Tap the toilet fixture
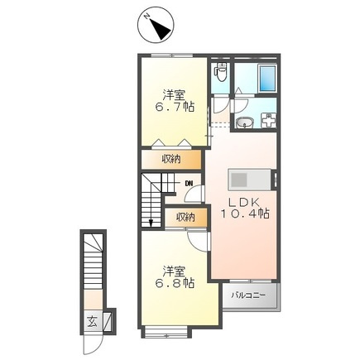point(221,72)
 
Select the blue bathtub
point(267,78)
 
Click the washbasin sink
point(245,122)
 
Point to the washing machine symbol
point(268,121)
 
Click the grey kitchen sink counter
point(250,180)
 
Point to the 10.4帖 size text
point(245,214)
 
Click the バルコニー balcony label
point(248,295)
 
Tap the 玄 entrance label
point(92,322)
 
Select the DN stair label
point(189,183)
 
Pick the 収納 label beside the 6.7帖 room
point(171,159)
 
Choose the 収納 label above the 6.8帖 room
point(185,217)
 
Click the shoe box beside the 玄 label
point(108,322)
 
